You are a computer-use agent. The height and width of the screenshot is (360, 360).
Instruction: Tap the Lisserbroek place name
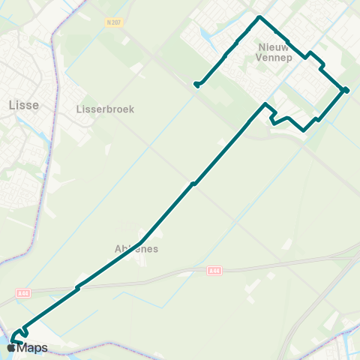click(x=105, y=109)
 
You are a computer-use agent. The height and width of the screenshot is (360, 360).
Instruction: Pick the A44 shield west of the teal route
click(x=22, y=292)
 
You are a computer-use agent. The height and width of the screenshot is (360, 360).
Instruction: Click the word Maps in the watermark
click(x=32, y=348)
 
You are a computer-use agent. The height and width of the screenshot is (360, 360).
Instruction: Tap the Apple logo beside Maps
click(x=11, y=348)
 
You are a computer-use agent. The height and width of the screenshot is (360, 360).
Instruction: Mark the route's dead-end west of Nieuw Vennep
click(x=196, y=85)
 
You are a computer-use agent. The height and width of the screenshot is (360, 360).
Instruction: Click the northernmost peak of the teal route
click(x=259, y=16)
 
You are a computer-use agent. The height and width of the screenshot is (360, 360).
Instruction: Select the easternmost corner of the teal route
click(x=346, y=91)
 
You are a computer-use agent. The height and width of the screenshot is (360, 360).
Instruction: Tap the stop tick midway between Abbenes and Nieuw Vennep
click(x=193, y=183)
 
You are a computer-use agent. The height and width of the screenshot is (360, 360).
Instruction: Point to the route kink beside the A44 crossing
click(x=76, y=288)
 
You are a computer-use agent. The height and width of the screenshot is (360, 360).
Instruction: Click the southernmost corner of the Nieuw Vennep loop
click(x=303, y=130)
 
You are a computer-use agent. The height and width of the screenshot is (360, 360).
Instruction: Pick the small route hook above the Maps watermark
click(x=24, y=330)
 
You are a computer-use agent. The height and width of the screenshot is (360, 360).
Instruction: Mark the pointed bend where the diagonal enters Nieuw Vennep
click(x=265, y=104)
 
